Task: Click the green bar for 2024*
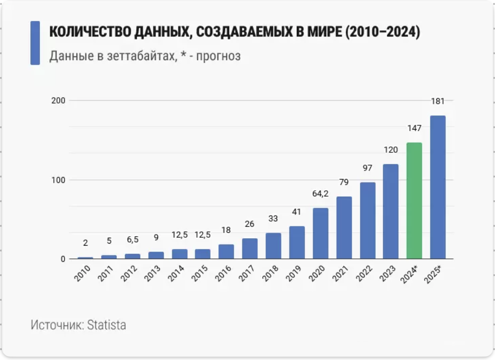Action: coord(414,200)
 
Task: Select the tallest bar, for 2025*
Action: coord(438,187)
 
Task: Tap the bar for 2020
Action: coord(320,233)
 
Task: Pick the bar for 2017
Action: coord(249,249)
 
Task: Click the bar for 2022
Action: coord(367,220)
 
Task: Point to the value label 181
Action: coord(438,101)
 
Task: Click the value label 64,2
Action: coord(320,194)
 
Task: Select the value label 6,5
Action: coord(132,240)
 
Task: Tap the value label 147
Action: coord(414,128)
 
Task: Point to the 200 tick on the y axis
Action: coord(58,100)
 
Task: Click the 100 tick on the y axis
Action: coord(58,180)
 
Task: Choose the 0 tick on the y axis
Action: coord(63,259)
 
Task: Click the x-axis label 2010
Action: coord(83,273)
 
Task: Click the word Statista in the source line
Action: coord(106,325)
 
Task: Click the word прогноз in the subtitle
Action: coord(218,56)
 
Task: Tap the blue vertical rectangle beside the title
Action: coord(35,43)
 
